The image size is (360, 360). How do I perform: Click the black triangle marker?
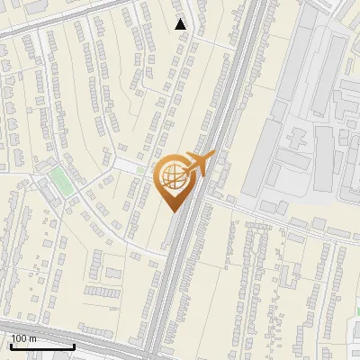(181, 24)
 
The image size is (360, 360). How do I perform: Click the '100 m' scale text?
(23, 338)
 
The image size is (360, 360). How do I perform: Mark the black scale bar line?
(42, 346)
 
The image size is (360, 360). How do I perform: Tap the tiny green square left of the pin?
(140, 168)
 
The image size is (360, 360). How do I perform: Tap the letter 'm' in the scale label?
(32, 338)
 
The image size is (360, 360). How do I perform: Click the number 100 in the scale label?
(19, 338)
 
